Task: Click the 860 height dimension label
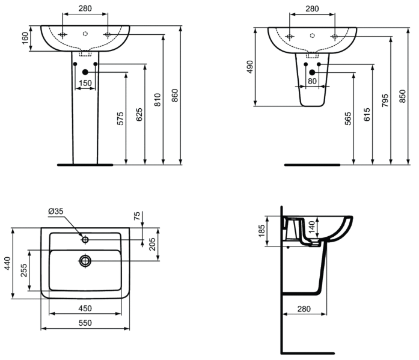click(174, 96)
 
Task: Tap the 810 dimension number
click(158, 100)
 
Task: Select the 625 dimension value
click(139, 115)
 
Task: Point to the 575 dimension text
click(120, 118)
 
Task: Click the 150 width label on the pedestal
click(85, 83)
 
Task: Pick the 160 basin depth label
click(25, 38)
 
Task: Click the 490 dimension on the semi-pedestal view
click(249, 67)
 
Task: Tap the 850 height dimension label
click(402, 96)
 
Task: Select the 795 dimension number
click(385, 100)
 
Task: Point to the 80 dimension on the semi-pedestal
click(312, 81)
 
